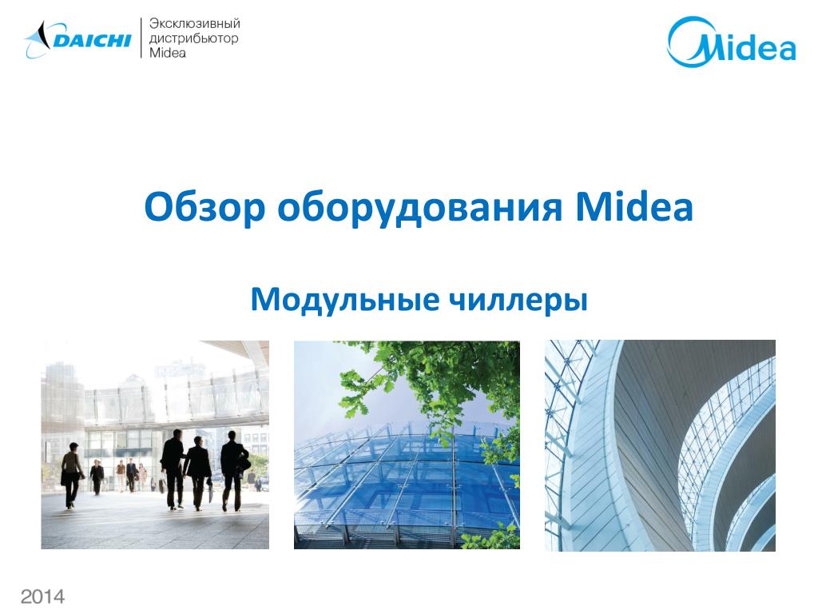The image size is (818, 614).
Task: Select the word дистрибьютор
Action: pos(194,39)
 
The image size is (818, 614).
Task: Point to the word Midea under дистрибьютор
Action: pos(168,53)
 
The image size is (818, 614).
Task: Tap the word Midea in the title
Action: pos(633,209)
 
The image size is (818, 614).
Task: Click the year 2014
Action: pos(43,596)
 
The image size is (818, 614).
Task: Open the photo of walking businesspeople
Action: pos(155,445)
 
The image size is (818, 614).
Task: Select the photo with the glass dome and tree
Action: pos(407,445)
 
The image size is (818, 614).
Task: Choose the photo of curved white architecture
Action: pos(660,445)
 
